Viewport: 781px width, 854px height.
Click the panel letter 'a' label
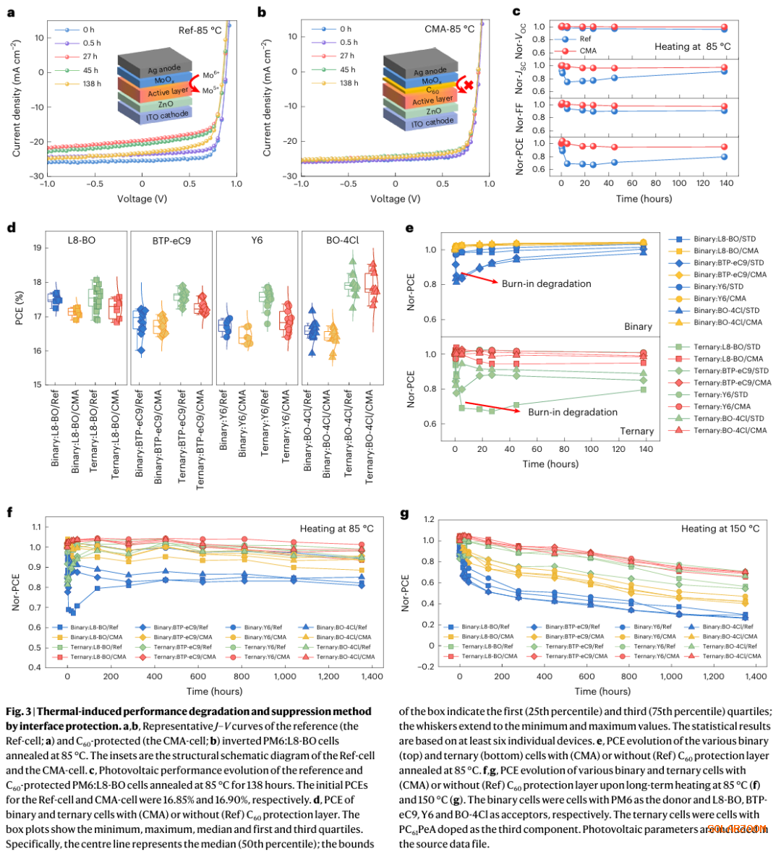pyautogui.click(x=11, y=12)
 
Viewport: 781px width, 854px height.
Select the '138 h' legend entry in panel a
pyautogui.click(x=91, y=84)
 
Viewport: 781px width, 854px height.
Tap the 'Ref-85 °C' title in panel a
pyautogui.click(x=200, y=30)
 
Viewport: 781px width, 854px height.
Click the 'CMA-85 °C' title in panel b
pyautogui.click(x=450, y=29)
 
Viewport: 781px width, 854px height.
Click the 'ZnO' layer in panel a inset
pyautogui.click(x=159, y=104)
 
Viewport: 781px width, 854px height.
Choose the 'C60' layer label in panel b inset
pyautogui.click(x=432, y=90)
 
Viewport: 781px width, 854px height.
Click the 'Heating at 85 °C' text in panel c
pyautogui.click(x=692, y=46)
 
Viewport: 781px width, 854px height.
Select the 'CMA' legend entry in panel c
pyautogui.click(x=588, y=51)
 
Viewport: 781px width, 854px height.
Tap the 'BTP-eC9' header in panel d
pyautogui.click(x=171, y=240)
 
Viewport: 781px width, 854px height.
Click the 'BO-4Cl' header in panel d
pyautogui.click(x=342, y=240)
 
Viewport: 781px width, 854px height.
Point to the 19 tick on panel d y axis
pyautogui.click(x=37, y=248)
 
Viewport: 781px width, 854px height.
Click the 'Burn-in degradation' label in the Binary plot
pyautogui.click(x=546, y=283)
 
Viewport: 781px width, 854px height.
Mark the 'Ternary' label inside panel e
pyautogui.click(x=636, y=431)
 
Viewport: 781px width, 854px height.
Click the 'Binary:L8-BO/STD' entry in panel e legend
pyautogui.click(x=725, y=239)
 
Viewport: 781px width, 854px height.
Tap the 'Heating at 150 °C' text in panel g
pyautogui.click(x=720, y=529)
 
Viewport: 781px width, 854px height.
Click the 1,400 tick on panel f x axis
pyautogui.click(x=372, y=676)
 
